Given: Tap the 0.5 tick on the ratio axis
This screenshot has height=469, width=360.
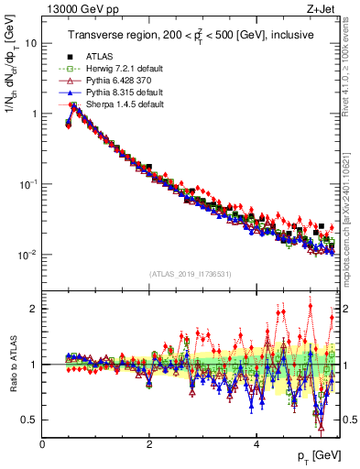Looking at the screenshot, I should tap(29, 420).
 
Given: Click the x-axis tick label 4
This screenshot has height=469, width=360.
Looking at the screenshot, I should tap(256, 444).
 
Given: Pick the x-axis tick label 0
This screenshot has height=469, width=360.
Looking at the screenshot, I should tap(42, 444).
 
